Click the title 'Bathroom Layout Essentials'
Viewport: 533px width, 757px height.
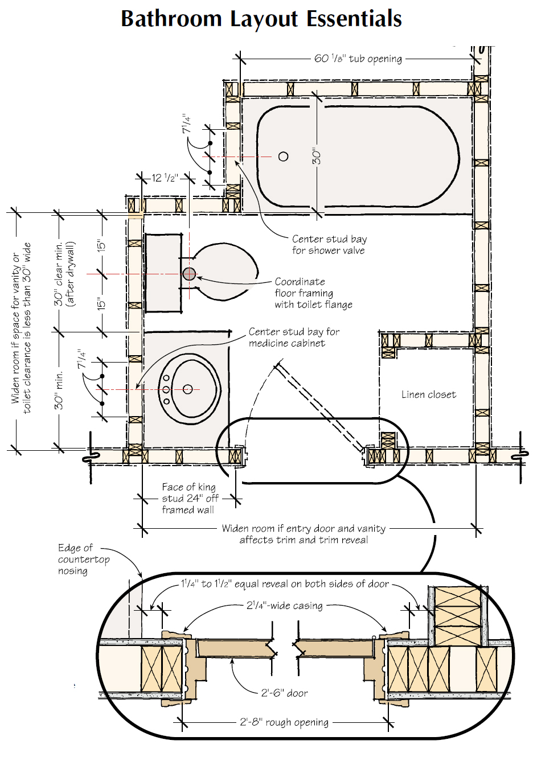261,19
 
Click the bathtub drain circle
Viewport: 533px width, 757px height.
283,157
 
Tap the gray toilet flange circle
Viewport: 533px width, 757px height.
190,274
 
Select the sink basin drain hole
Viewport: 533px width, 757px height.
188,389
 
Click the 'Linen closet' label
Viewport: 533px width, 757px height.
428,394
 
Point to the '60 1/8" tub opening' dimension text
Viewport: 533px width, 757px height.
358,59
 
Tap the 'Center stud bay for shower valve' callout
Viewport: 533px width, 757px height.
329,245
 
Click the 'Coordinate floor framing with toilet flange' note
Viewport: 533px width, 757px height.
313,293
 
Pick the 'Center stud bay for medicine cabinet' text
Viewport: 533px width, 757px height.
294,338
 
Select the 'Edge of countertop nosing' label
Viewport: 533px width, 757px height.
83,559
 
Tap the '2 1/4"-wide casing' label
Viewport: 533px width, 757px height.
284,606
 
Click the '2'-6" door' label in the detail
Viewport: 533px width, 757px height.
284,693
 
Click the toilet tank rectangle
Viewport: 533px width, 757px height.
163,273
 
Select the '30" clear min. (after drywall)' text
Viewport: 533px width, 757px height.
64,274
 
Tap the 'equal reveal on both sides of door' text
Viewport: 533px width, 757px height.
285,584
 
